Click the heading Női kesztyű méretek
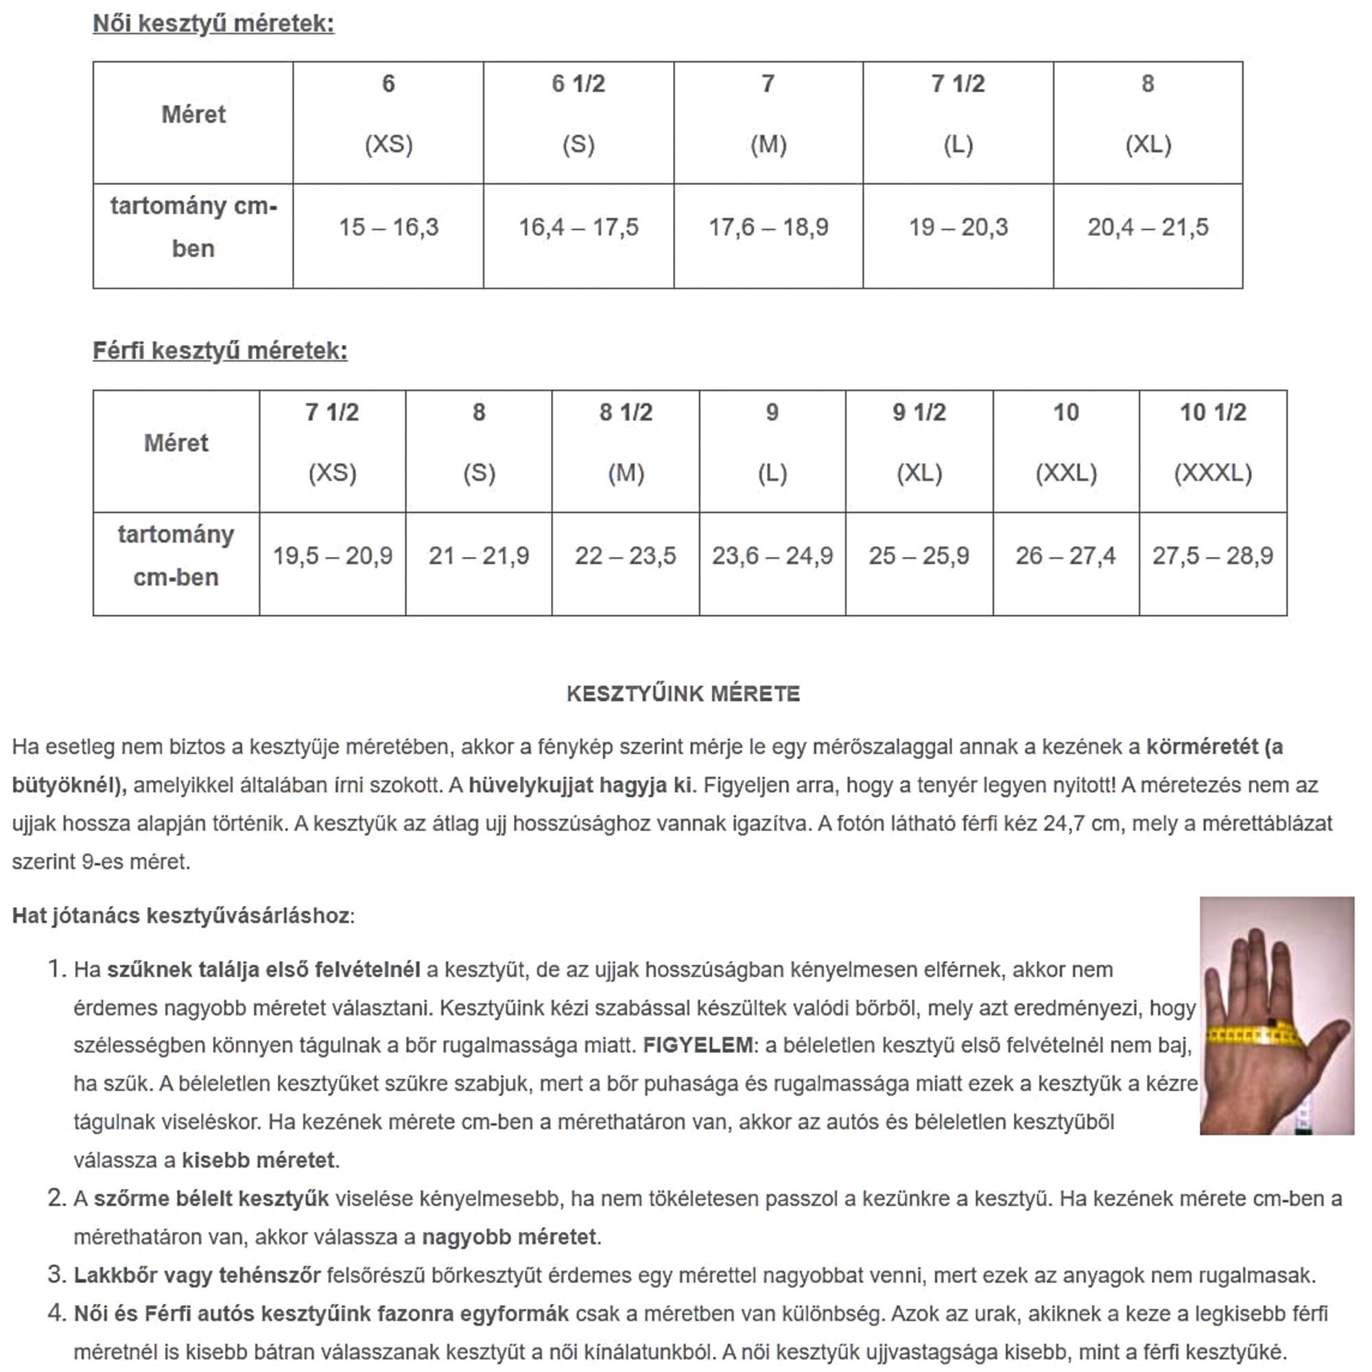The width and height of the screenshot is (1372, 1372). [213, 24]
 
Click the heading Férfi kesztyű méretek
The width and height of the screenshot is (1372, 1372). [220, 351]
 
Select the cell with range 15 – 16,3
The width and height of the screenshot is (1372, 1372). [388, 228]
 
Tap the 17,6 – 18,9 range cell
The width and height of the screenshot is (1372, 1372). [768, 228]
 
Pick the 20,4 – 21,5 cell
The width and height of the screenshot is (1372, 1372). [1148, 228]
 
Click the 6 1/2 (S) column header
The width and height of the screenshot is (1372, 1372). [578, 114]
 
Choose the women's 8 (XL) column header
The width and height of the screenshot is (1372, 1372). [1148, 114]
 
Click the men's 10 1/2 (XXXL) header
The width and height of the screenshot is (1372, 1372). [1213, 442]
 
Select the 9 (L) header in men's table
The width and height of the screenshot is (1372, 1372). [772, 442]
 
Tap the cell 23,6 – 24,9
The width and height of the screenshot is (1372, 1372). [772, 556]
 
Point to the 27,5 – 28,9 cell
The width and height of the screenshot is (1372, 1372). [1213, 556]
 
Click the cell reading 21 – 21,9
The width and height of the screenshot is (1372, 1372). [479, 556]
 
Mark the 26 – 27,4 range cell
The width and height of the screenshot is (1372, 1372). [1065, 556]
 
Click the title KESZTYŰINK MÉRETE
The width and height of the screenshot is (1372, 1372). [683, 694]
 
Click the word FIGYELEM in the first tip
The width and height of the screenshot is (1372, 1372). [698, 1045]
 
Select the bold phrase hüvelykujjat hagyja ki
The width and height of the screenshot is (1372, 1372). [580, 785]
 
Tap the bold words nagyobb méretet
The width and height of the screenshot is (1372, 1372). [509, 1237]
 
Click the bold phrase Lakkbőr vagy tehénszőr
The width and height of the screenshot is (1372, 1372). [197, 1275]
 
